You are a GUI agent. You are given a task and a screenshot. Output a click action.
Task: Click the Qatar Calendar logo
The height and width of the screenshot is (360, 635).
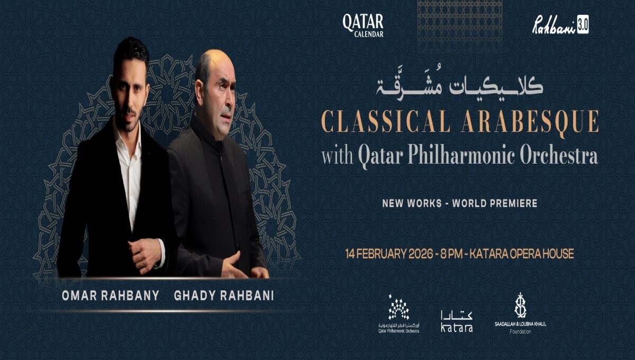[x=362, y=25]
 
